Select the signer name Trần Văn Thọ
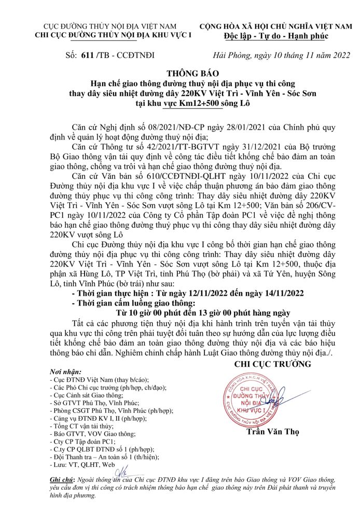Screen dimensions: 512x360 coord(272,432)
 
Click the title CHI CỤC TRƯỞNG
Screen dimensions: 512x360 coord(273,364)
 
